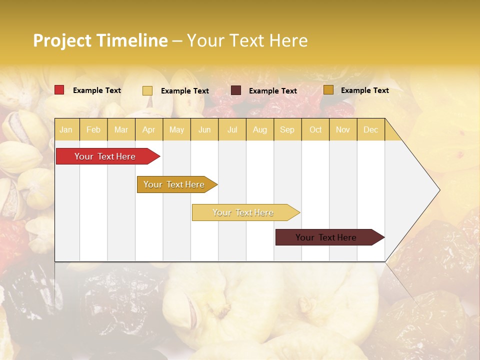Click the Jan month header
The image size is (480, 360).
tap(66, 129)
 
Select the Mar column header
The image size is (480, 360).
tap(121, 129)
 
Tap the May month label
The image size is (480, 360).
tap(176, 129)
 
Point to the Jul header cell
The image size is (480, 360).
tap(232, 129)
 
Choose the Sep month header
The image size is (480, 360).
tap(287, 129)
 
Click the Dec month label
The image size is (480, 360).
tap(370, 129)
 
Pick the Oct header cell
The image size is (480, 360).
tap(315, 129)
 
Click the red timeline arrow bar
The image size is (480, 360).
tap(105, 156)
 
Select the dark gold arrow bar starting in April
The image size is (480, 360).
tap(174, 184)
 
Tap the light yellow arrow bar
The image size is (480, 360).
tap(243, 212)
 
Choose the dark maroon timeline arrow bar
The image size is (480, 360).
tap(326, 237)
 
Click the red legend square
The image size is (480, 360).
tap(59, 90)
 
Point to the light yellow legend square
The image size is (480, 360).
tap(147, 90)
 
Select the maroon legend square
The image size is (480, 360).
tap(236, 90)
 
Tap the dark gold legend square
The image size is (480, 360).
tap(328, 90)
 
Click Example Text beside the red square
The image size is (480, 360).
tap(97, 90)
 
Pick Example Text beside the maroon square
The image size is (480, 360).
tap(273, 91)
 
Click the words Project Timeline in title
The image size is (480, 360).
tap(100, 40)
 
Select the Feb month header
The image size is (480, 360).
tap(93, 129)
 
